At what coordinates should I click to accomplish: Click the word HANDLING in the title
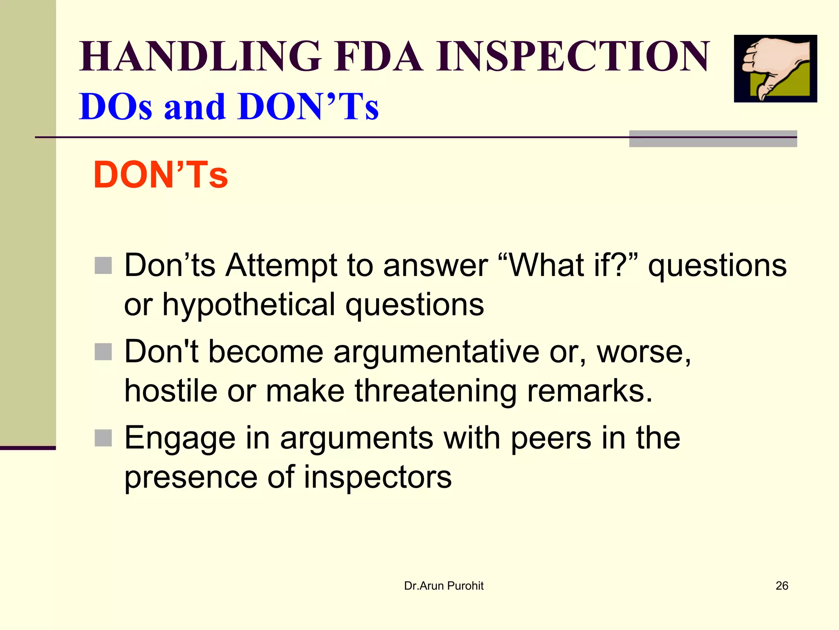[x=200, y=57]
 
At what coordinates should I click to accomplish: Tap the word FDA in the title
[x=379, y=57]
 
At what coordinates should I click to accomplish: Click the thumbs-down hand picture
[x=775, y=68]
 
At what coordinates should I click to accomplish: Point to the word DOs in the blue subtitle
[x=116, y=107]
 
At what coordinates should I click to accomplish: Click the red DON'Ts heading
[x=161, y=175]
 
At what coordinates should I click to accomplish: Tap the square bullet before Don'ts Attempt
[x=103, y=265]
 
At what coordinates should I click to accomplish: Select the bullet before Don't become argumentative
[x=103, y=352]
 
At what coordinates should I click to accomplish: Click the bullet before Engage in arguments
[x=103, y=438]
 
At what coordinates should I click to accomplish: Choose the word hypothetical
[x=249, y=304]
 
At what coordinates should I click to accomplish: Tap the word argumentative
[x=436, y=352]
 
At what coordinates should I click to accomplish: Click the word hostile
[x=170, y=390]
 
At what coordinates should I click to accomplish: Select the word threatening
[x=435, y=391]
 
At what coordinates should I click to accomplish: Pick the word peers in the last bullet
[x=551, y=438]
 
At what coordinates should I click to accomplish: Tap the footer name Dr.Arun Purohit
[x=444, y=586]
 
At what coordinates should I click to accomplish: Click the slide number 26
[x=782, y=586]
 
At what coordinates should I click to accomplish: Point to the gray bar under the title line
[x=713, y=139]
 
